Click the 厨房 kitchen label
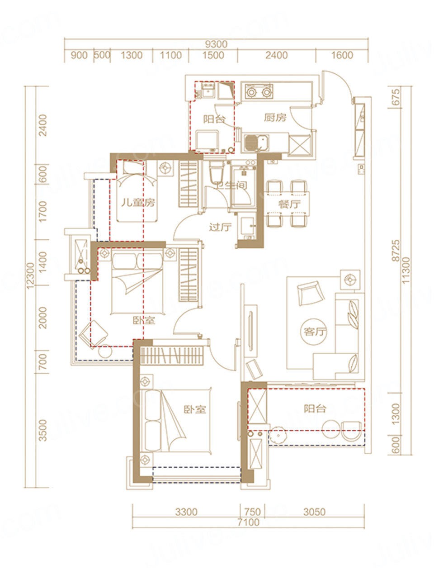[x=275, y=118]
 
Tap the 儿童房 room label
[x=138, y=203]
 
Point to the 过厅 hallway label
[x=220, y=227]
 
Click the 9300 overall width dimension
[x=216, y=44]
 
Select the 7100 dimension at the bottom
[x=249, y=522]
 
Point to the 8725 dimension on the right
[x=396, y=250]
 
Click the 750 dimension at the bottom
[x=252, y=512]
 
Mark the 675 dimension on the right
[x=396, y=97]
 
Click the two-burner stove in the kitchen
[x=259, y=91]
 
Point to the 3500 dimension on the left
[x=42, y=431]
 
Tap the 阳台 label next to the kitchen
[x=214, y=119]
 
